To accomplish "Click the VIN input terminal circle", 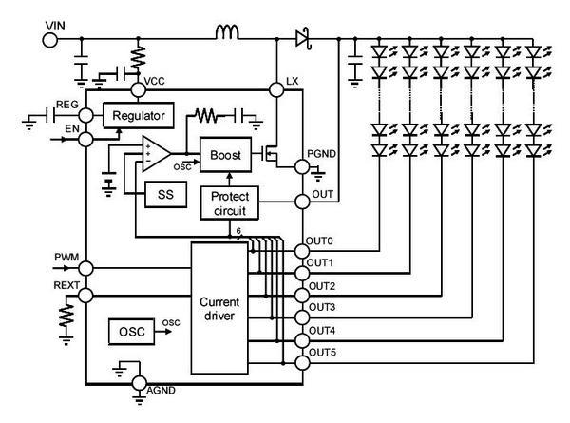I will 51,39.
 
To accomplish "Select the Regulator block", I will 138,116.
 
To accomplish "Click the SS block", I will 160,194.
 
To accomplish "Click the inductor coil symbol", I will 228,35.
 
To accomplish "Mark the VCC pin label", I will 156,80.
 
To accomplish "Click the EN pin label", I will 70,125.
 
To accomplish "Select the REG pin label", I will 67,103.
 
